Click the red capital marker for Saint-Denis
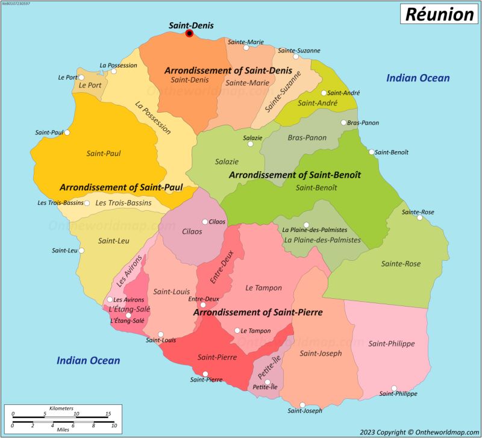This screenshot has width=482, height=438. [x=189, y=34]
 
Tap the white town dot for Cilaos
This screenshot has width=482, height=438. [x=205, y=222]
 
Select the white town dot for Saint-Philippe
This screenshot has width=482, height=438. [x=394, y=389]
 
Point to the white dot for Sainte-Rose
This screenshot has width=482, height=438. [x=420, y=217]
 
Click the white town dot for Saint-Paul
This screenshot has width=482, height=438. [x=67, y=133]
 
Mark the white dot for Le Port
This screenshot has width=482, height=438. [x=82, y=77]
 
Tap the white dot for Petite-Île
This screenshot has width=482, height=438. [x=267, y=381]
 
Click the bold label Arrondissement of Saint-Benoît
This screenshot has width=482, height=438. [x=295, y=175]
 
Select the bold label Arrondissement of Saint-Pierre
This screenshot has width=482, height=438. [x=258, y=313]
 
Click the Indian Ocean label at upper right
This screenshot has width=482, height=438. [x=418, y=78]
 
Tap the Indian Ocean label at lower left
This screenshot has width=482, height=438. [x=88, y=360]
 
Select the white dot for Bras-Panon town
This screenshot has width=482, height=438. [x=343, y=123]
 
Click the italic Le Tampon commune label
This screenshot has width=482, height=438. [x=263, y=288]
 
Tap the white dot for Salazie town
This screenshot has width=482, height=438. [x=251, y=144]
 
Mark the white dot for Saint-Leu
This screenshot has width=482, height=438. [x=82, y=251]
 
